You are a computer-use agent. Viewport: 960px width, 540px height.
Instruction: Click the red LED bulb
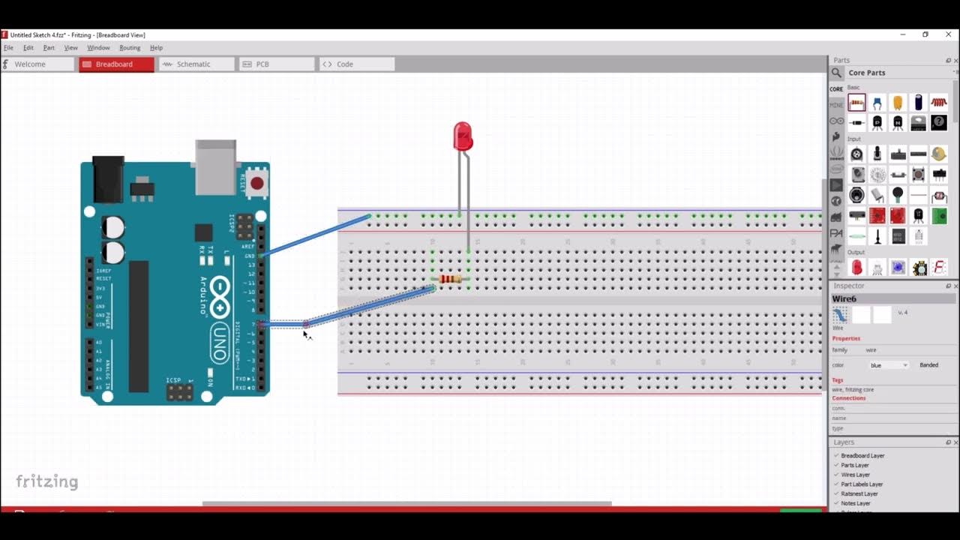(463, 136)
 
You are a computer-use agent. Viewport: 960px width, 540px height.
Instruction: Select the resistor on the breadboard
(450, 279)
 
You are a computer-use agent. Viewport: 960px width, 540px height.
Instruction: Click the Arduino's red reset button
(257, 182)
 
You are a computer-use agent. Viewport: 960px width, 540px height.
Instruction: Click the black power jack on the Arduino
(107, 179)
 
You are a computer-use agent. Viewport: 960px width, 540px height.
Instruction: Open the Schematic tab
(193, 64)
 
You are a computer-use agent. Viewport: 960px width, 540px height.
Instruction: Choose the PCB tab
(262, 64)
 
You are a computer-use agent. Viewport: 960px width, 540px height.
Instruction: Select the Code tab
(344, 64)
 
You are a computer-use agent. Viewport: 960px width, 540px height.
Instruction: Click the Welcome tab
(30, 64)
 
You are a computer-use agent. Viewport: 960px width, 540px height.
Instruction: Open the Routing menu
(130, 48)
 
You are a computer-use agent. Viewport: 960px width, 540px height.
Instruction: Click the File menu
(8, 48)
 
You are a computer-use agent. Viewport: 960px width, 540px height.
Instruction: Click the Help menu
(156, 48)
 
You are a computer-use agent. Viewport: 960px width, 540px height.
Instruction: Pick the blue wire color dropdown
(889, 365)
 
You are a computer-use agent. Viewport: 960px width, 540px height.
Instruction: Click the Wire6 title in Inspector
(844, 298)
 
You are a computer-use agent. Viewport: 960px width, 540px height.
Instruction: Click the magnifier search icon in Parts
(836, 73)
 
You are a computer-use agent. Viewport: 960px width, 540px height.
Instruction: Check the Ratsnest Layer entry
(859, 493)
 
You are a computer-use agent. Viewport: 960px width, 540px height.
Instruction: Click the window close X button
(946, 34)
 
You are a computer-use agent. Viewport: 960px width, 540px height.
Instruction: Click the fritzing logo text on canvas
(46, 481)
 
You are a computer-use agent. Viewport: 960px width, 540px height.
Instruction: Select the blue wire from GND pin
(315, 235)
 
